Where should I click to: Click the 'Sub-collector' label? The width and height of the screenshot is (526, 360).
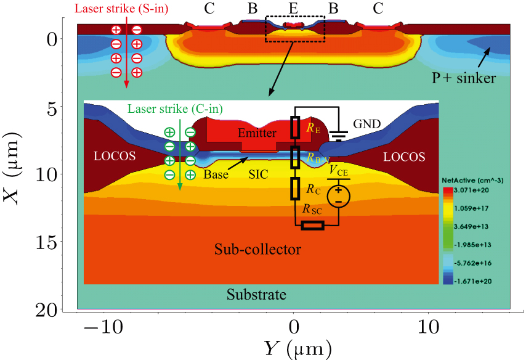pyautogui.click(x=257, y=250)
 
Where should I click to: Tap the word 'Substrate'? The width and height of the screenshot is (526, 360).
pyautogui.click(x=256, y=295)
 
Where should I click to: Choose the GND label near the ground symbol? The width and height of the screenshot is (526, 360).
pyautogui.click(x=366, y=123)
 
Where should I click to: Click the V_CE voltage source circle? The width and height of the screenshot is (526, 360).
pyautogui.click(x=338, y=197)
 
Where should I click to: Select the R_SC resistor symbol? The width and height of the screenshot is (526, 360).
pyautogui.click(x=313, y=226)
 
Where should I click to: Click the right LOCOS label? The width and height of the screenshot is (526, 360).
pyautogui.click(x=404, y=157)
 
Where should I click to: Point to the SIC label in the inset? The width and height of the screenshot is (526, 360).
pyautogui.click(x=258, y=174)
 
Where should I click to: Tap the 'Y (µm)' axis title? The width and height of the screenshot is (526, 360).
pyautogui.click(x=296, y=348)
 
